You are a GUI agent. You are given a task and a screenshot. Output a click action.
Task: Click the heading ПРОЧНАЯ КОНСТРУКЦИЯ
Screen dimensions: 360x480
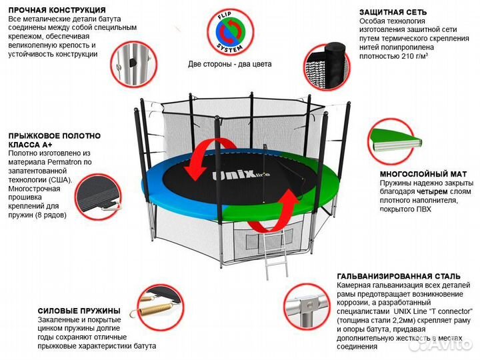pyautogui.click(x=57, y=11)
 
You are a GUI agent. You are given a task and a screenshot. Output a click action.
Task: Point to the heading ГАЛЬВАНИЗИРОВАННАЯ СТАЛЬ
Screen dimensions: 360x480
pyautogui.click(x=398, y=275)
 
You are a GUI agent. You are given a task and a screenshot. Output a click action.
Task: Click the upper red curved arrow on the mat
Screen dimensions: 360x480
pyautogui.click(x=200, y=159)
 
